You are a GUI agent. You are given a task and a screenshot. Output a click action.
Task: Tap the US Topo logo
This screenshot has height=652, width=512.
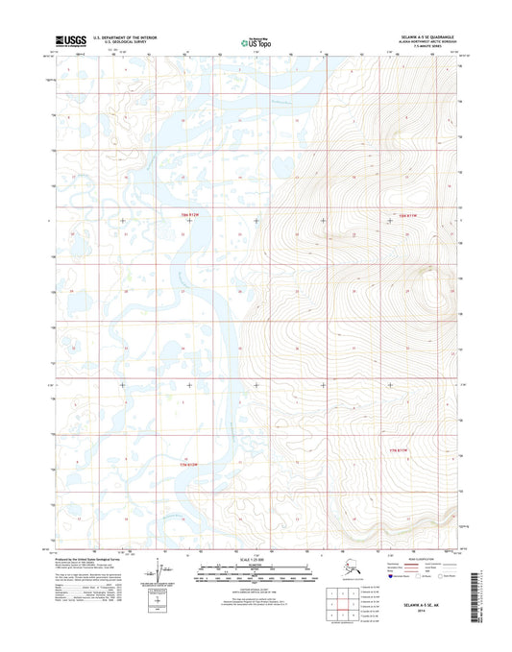[x=256, y=42]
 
